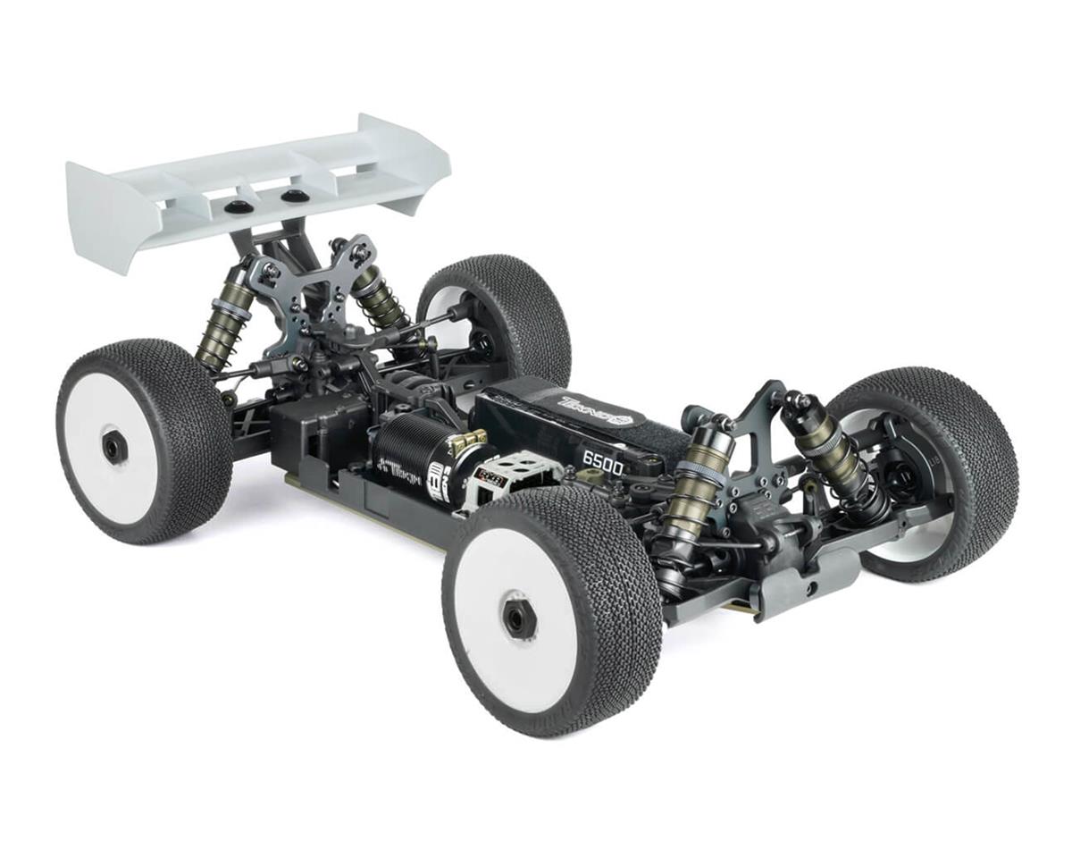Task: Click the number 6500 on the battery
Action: (x=603, y=459)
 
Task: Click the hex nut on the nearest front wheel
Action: (x=518, y=617)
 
